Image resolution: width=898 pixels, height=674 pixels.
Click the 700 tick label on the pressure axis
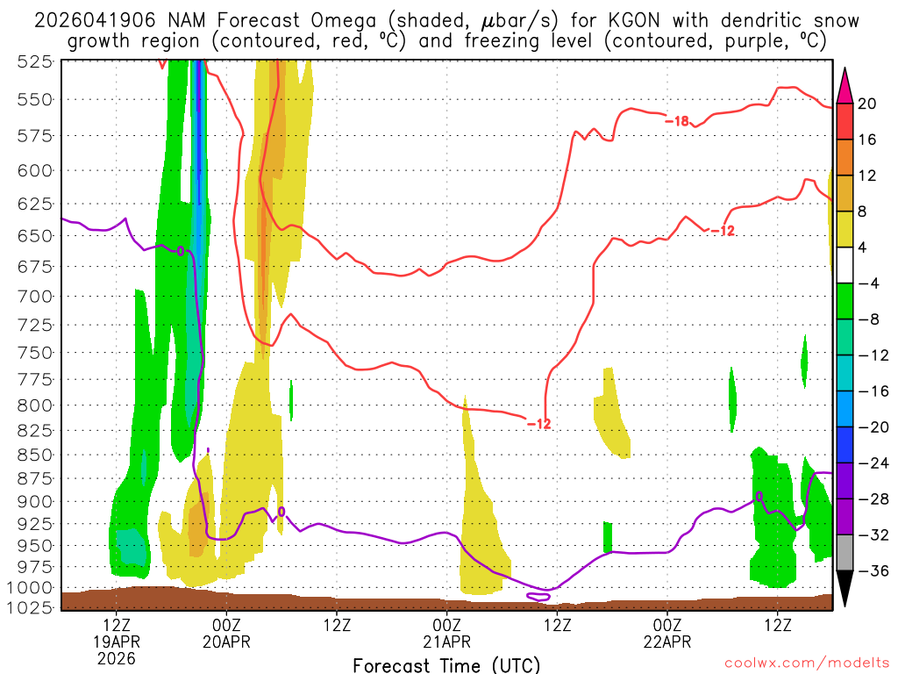pos(34,296)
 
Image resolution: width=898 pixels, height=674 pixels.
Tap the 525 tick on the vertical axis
pos(34,61)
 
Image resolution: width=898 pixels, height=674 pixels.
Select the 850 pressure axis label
pos(34,455)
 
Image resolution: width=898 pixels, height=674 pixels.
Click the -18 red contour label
pos(676,120)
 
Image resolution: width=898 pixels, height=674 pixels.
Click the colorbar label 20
pos(867,104)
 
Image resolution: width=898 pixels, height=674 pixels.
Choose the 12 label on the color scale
pos(867,176)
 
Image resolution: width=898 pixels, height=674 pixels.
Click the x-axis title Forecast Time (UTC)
pos(446,664)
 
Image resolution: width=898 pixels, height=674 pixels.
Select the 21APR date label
pos(446,642)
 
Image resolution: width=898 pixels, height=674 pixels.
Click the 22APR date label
pos(667,642)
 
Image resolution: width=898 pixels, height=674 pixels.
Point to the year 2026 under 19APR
pos(117,657)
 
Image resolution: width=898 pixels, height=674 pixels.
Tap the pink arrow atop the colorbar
pos(845,83)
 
